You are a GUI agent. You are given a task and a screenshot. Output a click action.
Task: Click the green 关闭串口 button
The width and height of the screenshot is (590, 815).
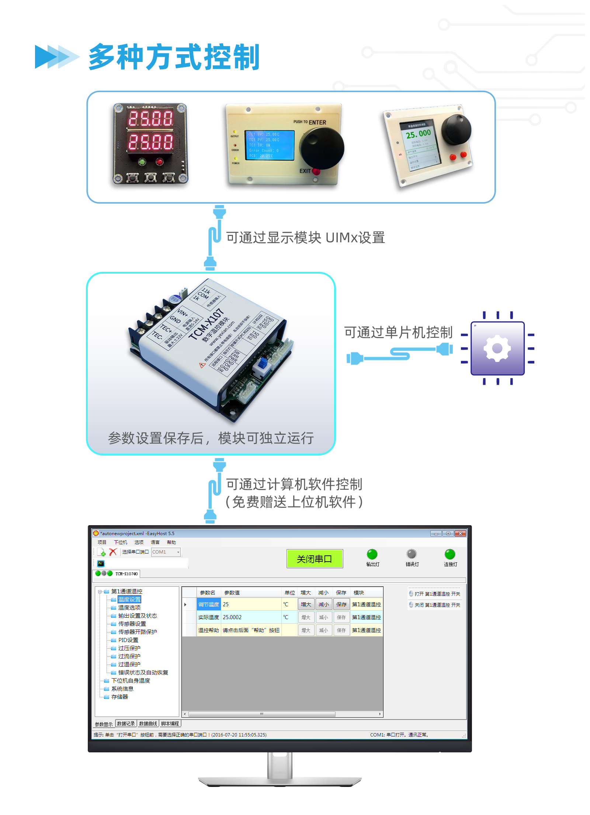tap(315, 559)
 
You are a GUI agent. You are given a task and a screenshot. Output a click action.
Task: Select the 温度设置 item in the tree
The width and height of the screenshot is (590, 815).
tap(129, 599)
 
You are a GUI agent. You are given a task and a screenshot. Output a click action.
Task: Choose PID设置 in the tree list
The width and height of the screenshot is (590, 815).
tap(128, 640)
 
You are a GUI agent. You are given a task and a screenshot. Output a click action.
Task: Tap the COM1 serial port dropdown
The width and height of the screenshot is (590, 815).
tap(166, 552)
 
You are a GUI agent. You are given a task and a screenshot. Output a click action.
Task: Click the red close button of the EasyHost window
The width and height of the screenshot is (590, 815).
tap(460, 533)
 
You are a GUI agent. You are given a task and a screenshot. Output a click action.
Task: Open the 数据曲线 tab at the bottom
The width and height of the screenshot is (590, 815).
tap(148, 724)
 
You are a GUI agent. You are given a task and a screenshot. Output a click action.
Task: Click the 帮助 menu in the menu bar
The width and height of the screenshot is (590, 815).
tap(171, 542)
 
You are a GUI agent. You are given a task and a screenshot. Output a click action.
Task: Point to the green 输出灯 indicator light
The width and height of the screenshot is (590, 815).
tap(372, 554)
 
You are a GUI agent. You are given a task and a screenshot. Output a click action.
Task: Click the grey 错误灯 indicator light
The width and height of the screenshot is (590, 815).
tap(411, 554)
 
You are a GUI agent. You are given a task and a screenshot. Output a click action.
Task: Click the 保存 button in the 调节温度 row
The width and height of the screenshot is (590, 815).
tap(341, 604)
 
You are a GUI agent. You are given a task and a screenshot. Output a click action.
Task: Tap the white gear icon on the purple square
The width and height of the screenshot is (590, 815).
tap(497, 348)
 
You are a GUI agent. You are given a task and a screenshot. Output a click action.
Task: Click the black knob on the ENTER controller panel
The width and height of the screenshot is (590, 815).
tap(322, 148)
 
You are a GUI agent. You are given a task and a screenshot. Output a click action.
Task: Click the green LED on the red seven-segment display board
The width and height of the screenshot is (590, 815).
tap(142, 162)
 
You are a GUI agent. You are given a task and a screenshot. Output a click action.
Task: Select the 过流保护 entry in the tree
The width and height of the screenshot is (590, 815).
tap(129, 656)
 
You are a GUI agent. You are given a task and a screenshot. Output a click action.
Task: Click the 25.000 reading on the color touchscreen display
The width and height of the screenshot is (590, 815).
tap(418, 134)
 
